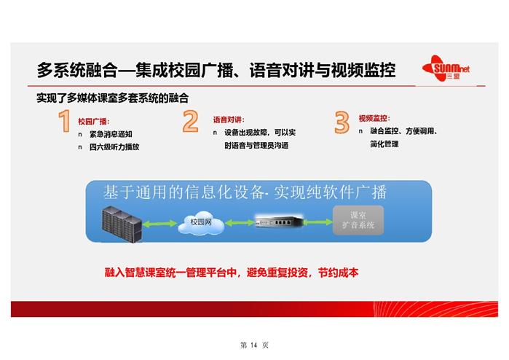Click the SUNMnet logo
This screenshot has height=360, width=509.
[446, 69]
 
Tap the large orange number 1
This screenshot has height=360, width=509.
[64, 121]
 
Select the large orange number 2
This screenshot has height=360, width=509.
[191, 121]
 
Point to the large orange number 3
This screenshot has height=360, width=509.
[342, 122]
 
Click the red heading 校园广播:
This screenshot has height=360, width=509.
[94, 122]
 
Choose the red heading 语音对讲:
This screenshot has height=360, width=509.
[229, 120]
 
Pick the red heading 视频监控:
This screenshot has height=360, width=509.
[374, 118]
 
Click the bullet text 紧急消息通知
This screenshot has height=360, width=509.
[111, 134]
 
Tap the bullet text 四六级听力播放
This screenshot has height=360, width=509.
[114, 147]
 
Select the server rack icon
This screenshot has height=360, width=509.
[122, 224]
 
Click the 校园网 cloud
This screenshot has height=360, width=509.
[201, 222]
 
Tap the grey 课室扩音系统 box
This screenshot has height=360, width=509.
[358, 220]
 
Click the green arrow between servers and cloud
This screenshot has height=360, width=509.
[159, 223]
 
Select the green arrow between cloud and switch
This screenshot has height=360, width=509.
[240, 222]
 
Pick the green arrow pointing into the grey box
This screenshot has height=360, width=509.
[318, 222]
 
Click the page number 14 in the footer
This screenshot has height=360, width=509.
[254, 345]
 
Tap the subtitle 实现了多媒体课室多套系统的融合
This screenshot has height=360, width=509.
[112, 98]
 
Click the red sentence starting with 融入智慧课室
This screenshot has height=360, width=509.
[232, 273]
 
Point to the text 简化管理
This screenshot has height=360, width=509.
[384, 144]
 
